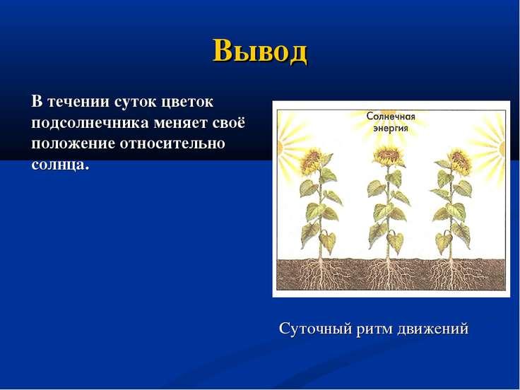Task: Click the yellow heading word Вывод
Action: [x=260, y=51]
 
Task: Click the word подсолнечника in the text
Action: [x=90, y=124]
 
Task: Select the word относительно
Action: [x=172, y=143]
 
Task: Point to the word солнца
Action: [x=60, y=165]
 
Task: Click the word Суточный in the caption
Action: [x=315, y=329]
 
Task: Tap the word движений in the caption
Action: [x=432, y=329]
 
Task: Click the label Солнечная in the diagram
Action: [x=391, y=117]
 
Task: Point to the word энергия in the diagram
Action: [x=391, y=128]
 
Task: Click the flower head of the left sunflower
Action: [x=311, y=162]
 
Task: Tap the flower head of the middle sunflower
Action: [x=388, y=156]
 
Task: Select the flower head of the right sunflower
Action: [x=460, y=162]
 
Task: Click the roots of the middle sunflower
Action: [x=387, y=273]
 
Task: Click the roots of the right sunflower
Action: [x=451, y=273]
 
